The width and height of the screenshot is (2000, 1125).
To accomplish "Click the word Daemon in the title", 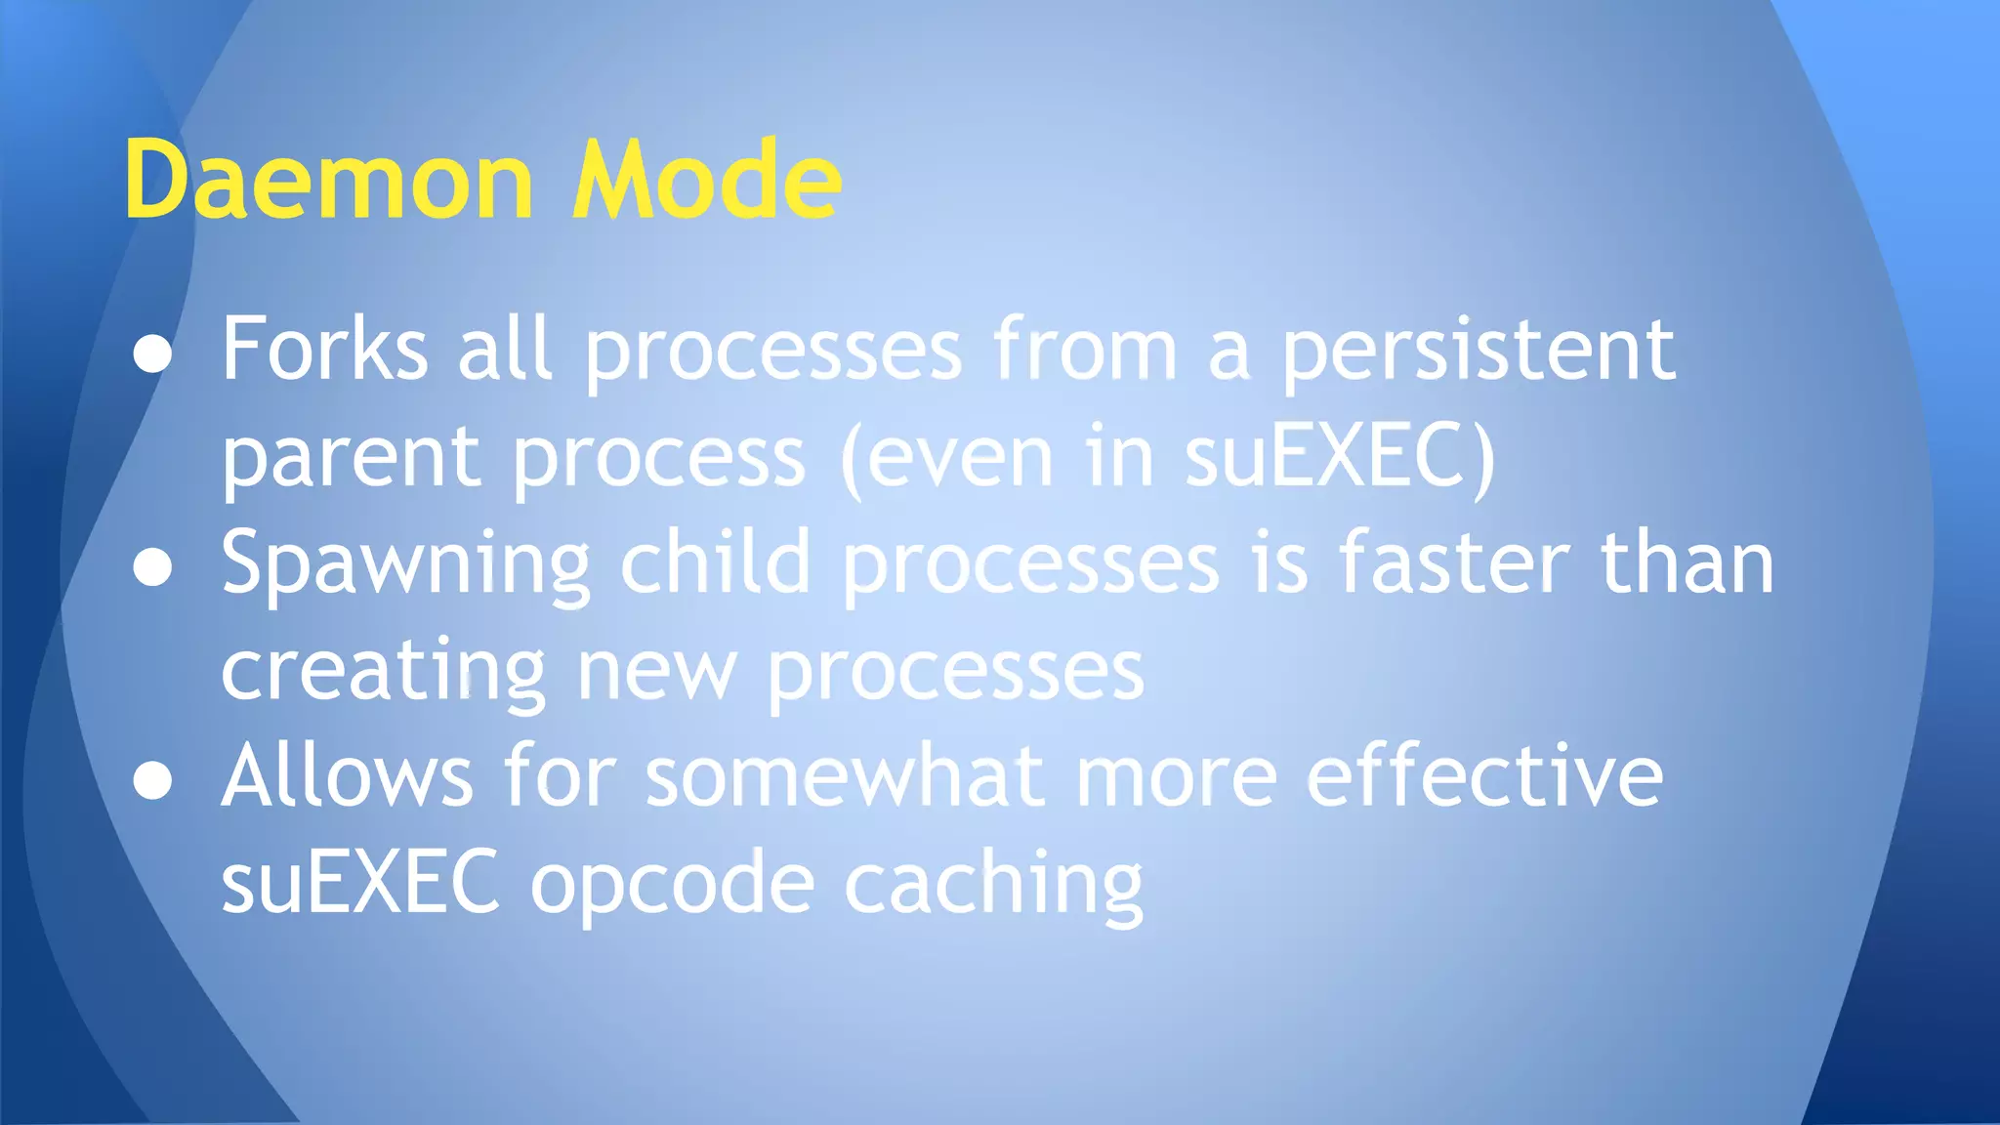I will click(x=328, y=181).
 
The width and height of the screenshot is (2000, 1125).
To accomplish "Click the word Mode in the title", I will click(x=706, y=181).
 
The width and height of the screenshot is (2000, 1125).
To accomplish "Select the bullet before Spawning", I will click(x=153, y=568).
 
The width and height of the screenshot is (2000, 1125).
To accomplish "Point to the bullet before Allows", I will click(x=153, y=781).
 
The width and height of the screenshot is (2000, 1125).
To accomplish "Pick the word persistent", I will click(x=1478, y=352).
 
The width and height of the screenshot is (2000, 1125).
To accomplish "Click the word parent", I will click(x=351, y=459).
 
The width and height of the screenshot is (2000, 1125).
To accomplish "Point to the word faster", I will click(x=1454, y=564).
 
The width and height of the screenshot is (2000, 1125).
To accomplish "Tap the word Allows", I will click(x=348, y=776).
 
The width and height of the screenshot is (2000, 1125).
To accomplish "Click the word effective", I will click(x=1484, y=776).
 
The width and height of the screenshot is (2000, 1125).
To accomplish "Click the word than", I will click(x=1687, y=563).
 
